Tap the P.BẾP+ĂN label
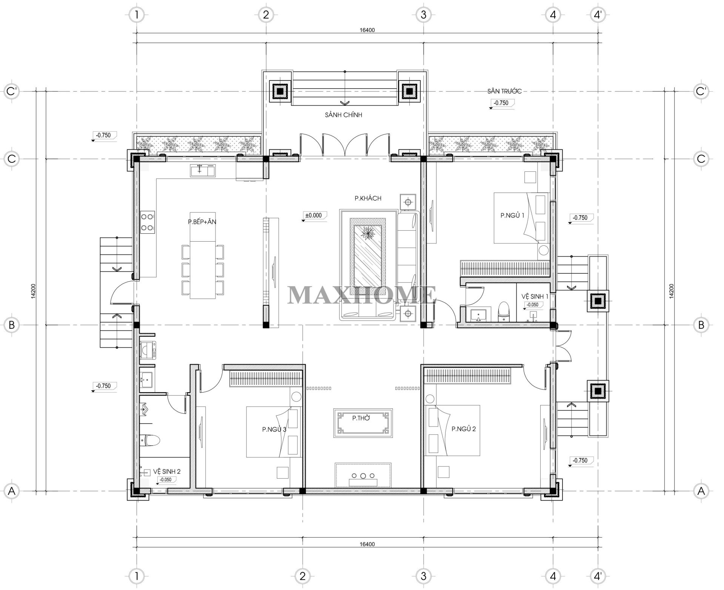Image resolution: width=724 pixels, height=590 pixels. (x=202, y=222)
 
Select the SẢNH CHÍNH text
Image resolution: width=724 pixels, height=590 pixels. (x=343, y=115)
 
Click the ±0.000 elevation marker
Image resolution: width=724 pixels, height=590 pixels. (x=314, y=216)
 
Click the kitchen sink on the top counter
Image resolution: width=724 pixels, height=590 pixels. (x=202, y=171)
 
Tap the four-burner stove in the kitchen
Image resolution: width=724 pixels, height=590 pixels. (x=147, y=222)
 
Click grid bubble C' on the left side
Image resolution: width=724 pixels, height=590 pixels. (x=11, y=91)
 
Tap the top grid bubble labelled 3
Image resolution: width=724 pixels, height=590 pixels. (x=423, y=15)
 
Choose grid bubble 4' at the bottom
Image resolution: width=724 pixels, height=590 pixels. (x=598, y=576)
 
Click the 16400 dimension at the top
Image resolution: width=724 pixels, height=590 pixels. (x=367, y=30)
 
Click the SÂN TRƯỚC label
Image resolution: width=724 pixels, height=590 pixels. (x=504, y=91)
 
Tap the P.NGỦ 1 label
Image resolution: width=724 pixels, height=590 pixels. (x=512, y=215)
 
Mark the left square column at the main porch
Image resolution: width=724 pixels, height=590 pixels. (x=280, y=91)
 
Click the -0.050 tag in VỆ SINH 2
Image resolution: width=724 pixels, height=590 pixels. (x=166, y=480)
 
